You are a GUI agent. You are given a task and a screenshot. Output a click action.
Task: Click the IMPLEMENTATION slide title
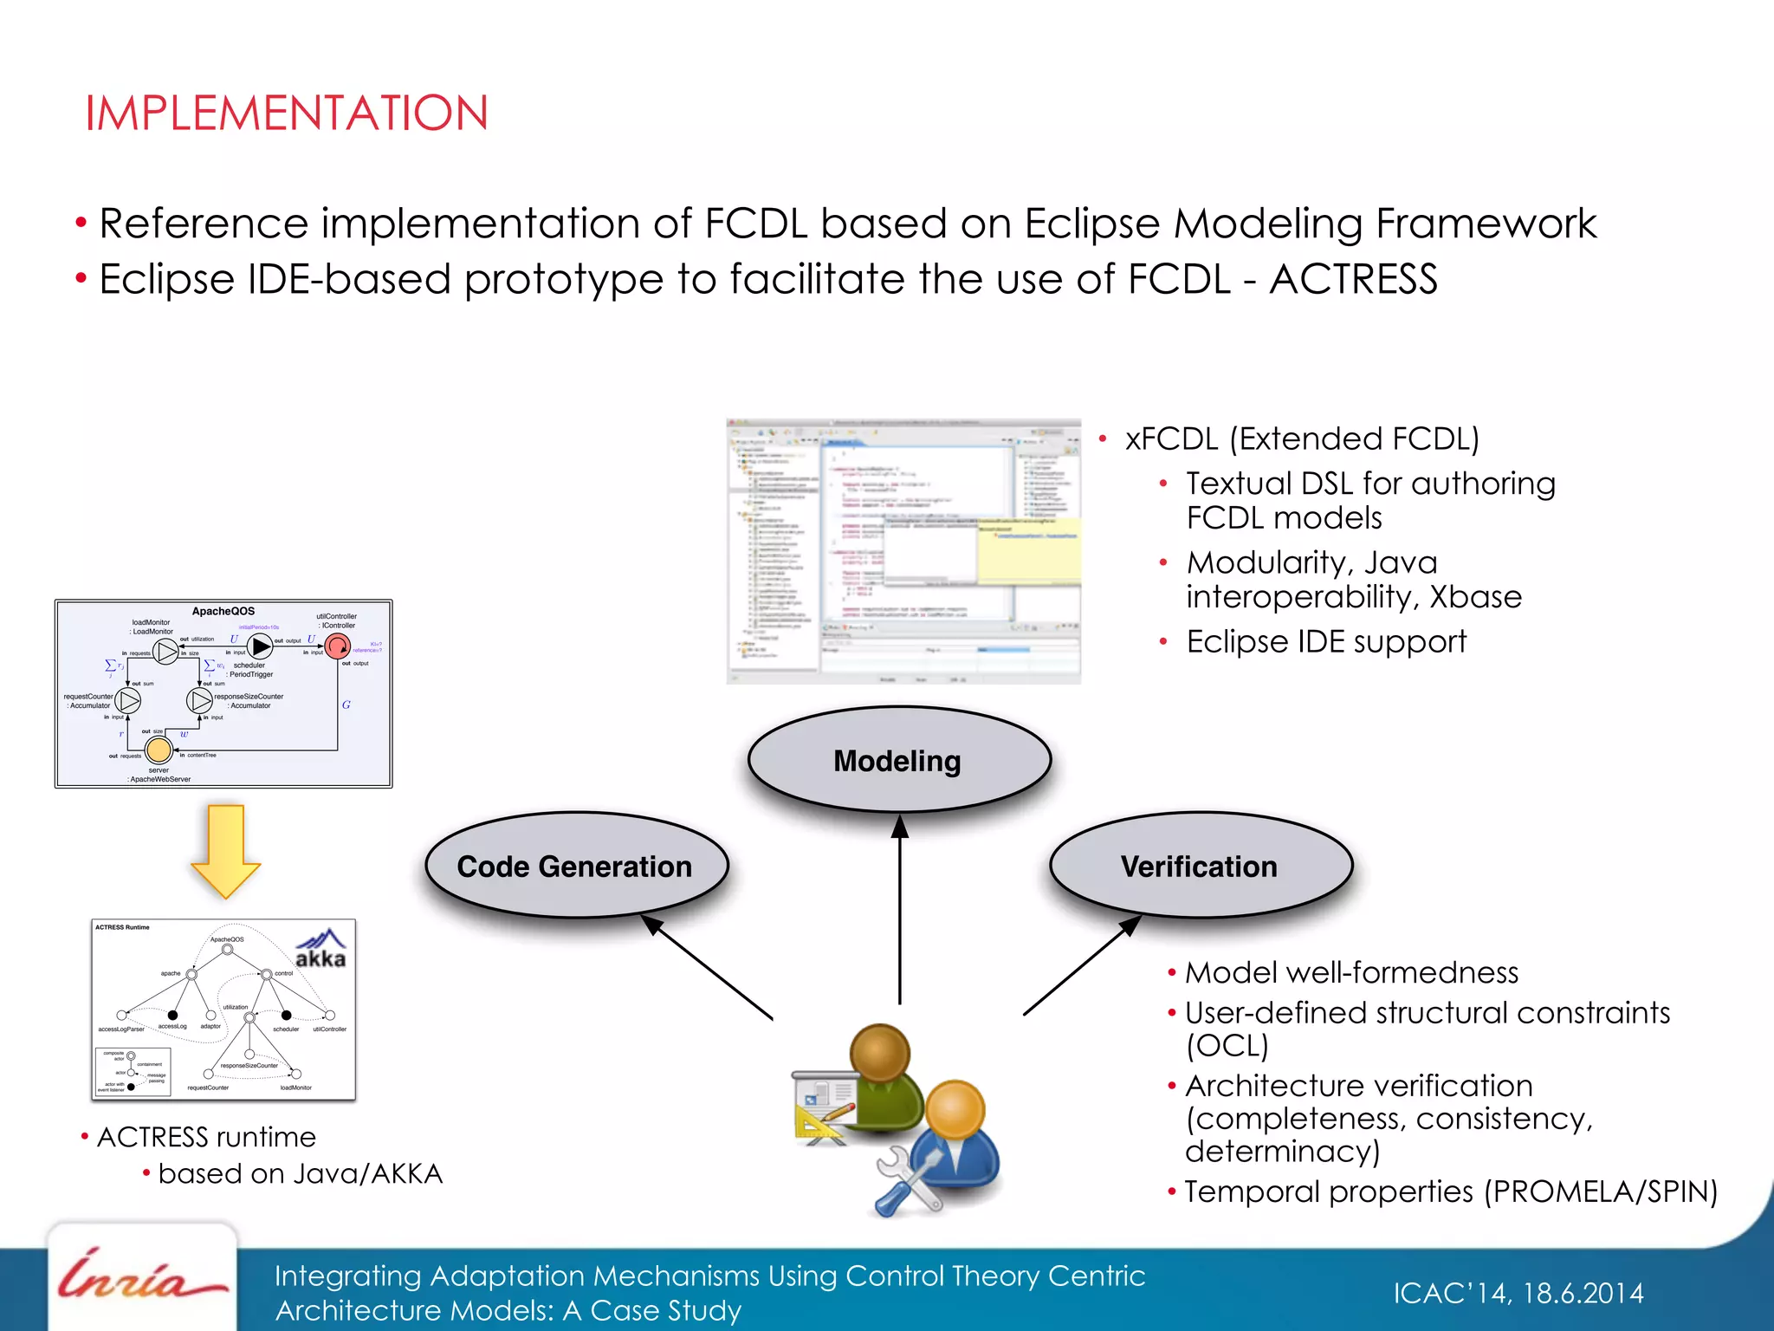click(x=287, y=114)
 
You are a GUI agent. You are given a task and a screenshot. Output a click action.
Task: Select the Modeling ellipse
click(x=898, y=760)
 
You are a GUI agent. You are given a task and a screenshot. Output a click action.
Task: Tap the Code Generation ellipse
click(x=575, y=866)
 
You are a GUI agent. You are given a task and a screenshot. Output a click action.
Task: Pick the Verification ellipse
click(x=1200, y=866)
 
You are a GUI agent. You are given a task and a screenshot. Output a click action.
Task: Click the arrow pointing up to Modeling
click(x=899, y=910)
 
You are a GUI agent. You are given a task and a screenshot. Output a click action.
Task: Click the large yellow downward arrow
click(x=225, y=850)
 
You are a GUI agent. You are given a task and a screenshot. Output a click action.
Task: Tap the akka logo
click(x=320, y=949)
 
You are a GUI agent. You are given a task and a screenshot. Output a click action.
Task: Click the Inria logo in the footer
click(x=139, y=1277)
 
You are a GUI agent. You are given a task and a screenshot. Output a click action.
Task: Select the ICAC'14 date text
click(x=1518, y=1293)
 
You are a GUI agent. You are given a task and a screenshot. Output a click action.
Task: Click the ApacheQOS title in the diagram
click(x=223, y=611)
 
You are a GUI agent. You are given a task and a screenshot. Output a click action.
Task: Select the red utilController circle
click(x=337, y=646)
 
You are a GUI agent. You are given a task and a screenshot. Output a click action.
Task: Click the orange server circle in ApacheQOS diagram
click(x=159, y=749)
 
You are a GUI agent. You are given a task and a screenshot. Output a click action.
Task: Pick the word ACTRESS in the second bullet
click(x=1353, y=280)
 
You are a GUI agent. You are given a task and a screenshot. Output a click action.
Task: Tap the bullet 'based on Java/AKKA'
click(x=300, y=1173)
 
